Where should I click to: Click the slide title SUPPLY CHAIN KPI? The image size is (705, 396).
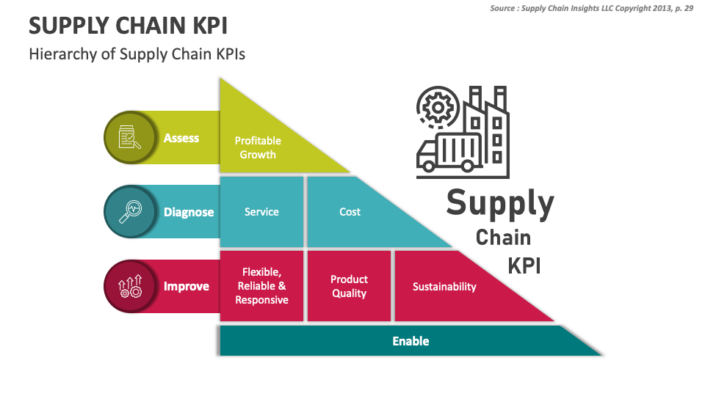pyautogui.click(x=128, y=26)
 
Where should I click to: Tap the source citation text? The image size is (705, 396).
pyautogui.click(x=591, y=8)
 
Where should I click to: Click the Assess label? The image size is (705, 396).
pyautogui.click(x=181, y=138)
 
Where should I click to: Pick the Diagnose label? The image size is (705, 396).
pyautogui.click(x=189, y=212)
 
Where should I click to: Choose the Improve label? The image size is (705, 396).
pyautogui.click(x=187, y=286)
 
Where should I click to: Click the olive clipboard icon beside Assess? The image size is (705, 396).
pyautogui.click(x=129, y=138)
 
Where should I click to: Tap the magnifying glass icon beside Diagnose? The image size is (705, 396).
pyautogui.click(x=129, y=212)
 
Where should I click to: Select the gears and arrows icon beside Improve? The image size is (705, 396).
pyautogui.click(x=129, y=286)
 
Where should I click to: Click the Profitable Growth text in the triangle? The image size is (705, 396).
pyautogui.click(x=258, y=147)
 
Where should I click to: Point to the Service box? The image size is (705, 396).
pyautogui.click(x=261, y=212)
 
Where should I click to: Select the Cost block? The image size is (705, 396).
pyautogui.click(x=350, y=212)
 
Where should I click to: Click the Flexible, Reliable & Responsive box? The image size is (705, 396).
pyautogui.click(x=261, y=286)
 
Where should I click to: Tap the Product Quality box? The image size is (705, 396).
pyautogui.click(x=349, y=286)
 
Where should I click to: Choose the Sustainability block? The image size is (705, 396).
pyautogui.click(x=444, y=287)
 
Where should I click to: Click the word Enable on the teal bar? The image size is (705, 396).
pyautogui.click(x=411, y=341)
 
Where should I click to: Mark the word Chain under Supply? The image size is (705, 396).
pyautogui.click(x=503, y=238)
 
